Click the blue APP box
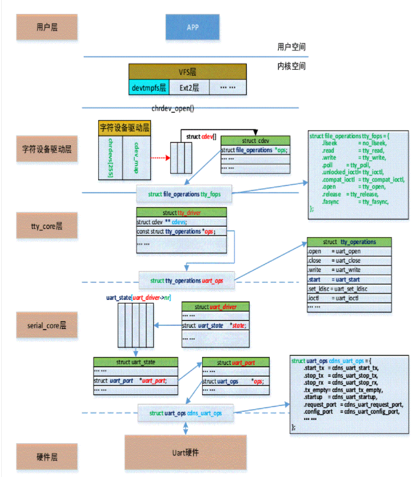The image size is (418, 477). click(x=192, y=27)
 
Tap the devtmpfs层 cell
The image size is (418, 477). click(x=149, y=88)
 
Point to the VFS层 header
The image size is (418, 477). click(x=187, y=72)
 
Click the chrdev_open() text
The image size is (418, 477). click(x=172, y=109)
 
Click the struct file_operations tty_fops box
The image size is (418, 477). click(x=185, y=193)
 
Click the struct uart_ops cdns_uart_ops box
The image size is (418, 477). click(x=186, y=413)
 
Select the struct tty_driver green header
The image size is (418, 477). click(x=181, y=213)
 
